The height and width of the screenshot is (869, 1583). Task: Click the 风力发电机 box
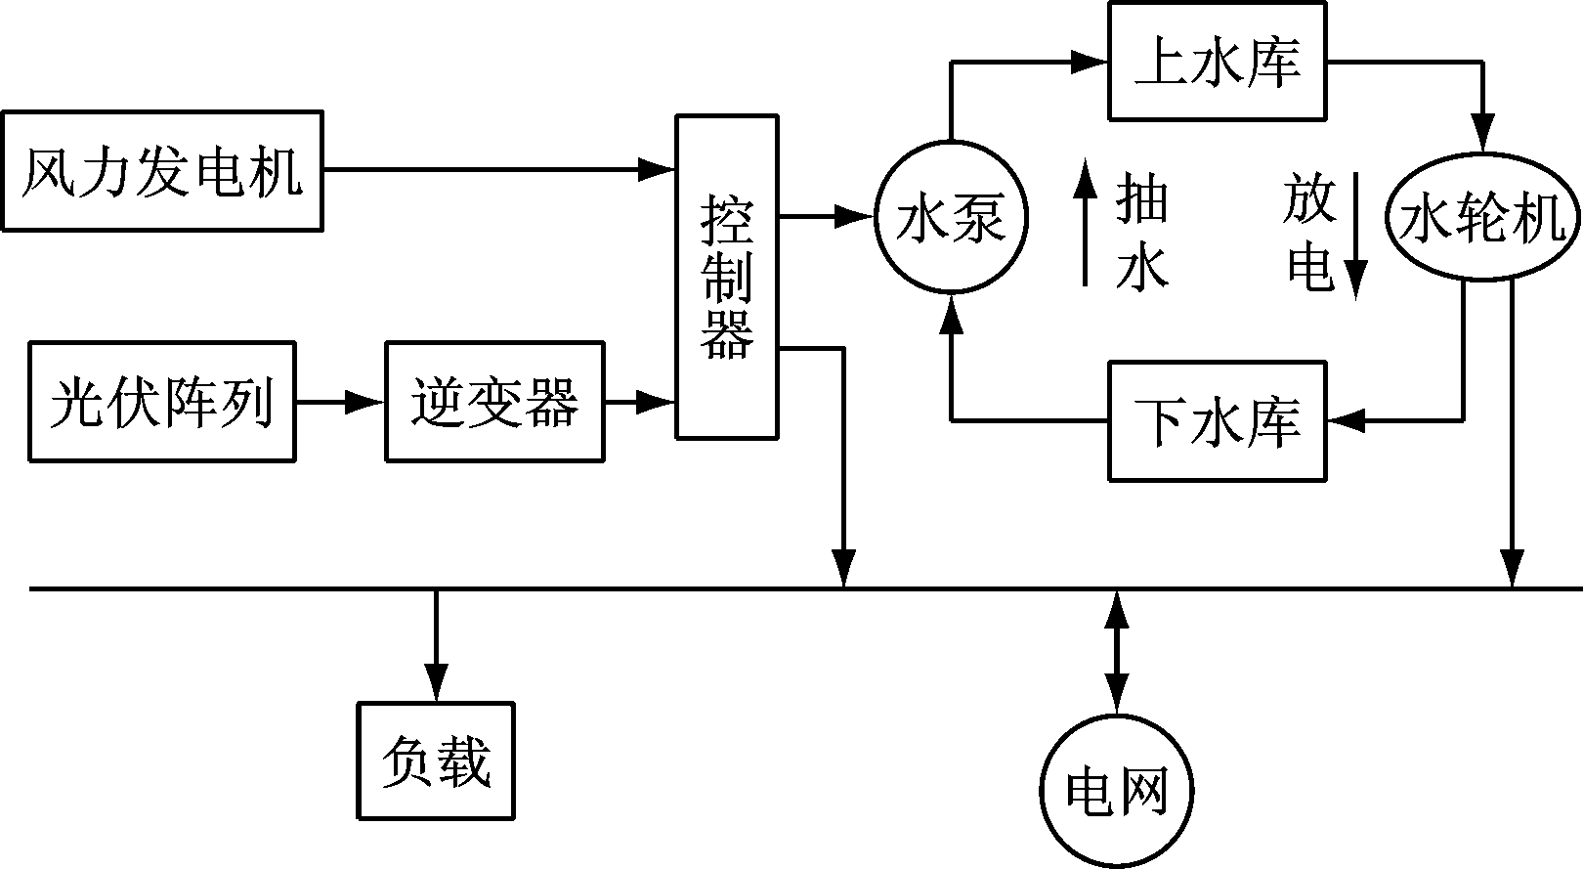click(x=162, y=171)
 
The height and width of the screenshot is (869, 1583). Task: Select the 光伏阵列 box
click(x=162, y=401)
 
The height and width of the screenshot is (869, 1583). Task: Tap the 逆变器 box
click(x=494, y=401)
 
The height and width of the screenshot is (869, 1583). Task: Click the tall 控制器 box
click(x=727, y=277)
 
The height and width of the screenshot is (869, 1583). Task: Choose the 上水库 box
click(x=1218, y=62)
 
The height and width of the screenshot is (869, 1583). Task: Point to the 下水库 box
click(x=1218, y=421)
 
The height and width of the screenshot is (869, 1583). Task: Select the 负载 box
click(x=436, y=760)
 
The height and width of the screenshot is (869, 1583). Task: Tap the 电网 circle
click(x=1116, y=791)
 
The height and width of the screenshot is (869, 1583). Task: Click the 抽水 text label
click(x=1141, y=233)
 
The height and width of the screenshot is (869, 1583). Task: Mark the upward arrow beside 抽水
click(x=1085, y=223)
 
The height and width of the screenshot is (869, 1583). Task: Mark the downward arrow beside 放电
click(x=1356, y=235)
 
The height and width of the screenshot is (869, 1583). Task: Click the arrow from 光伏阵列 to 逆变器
click(x=340, y=401)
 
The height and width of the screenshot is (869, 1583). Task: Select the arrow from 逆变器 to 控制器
click(x=640, y=401)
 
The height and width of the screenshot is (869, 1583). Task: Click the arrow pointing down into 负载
click(x=436, y=645)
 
